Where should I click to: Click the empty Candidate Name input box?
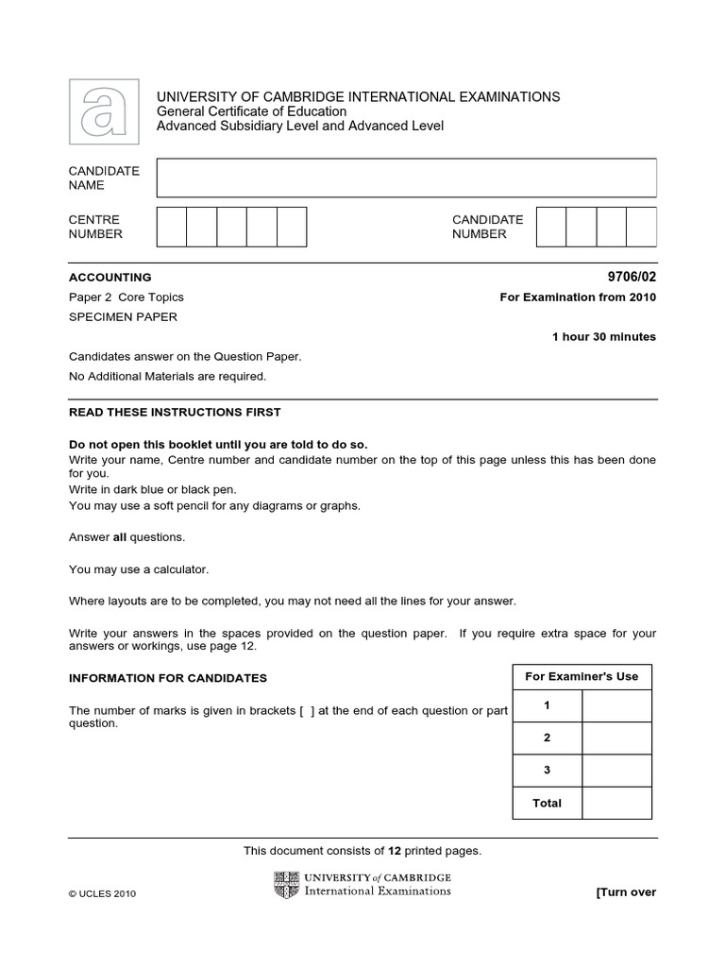406,178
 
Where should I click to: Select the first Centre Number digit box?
171,227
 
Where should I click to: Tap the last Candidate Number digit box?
641,227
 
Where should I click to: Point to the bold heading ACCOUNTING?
110,278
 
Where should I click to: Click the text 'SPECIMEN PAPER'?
123,317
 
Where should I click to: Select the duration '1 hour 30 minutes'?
603,337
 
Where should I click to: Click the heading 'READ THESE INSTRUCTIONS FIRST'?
175,413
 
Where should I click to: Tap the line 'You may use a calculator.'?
139,569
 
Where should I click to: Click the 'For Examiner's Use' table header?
582,676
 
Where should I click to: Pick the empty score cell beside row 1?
616,706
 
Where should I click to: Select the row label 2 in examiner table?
547,738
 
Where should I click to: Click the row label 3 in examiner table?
547,771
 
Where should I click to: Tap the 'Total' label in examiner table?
547,803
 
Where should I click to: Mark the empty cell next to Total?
616,803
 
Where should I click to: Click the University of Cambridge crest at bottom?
286,885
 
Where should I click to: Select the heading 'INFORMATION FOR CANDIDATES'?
168,678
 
